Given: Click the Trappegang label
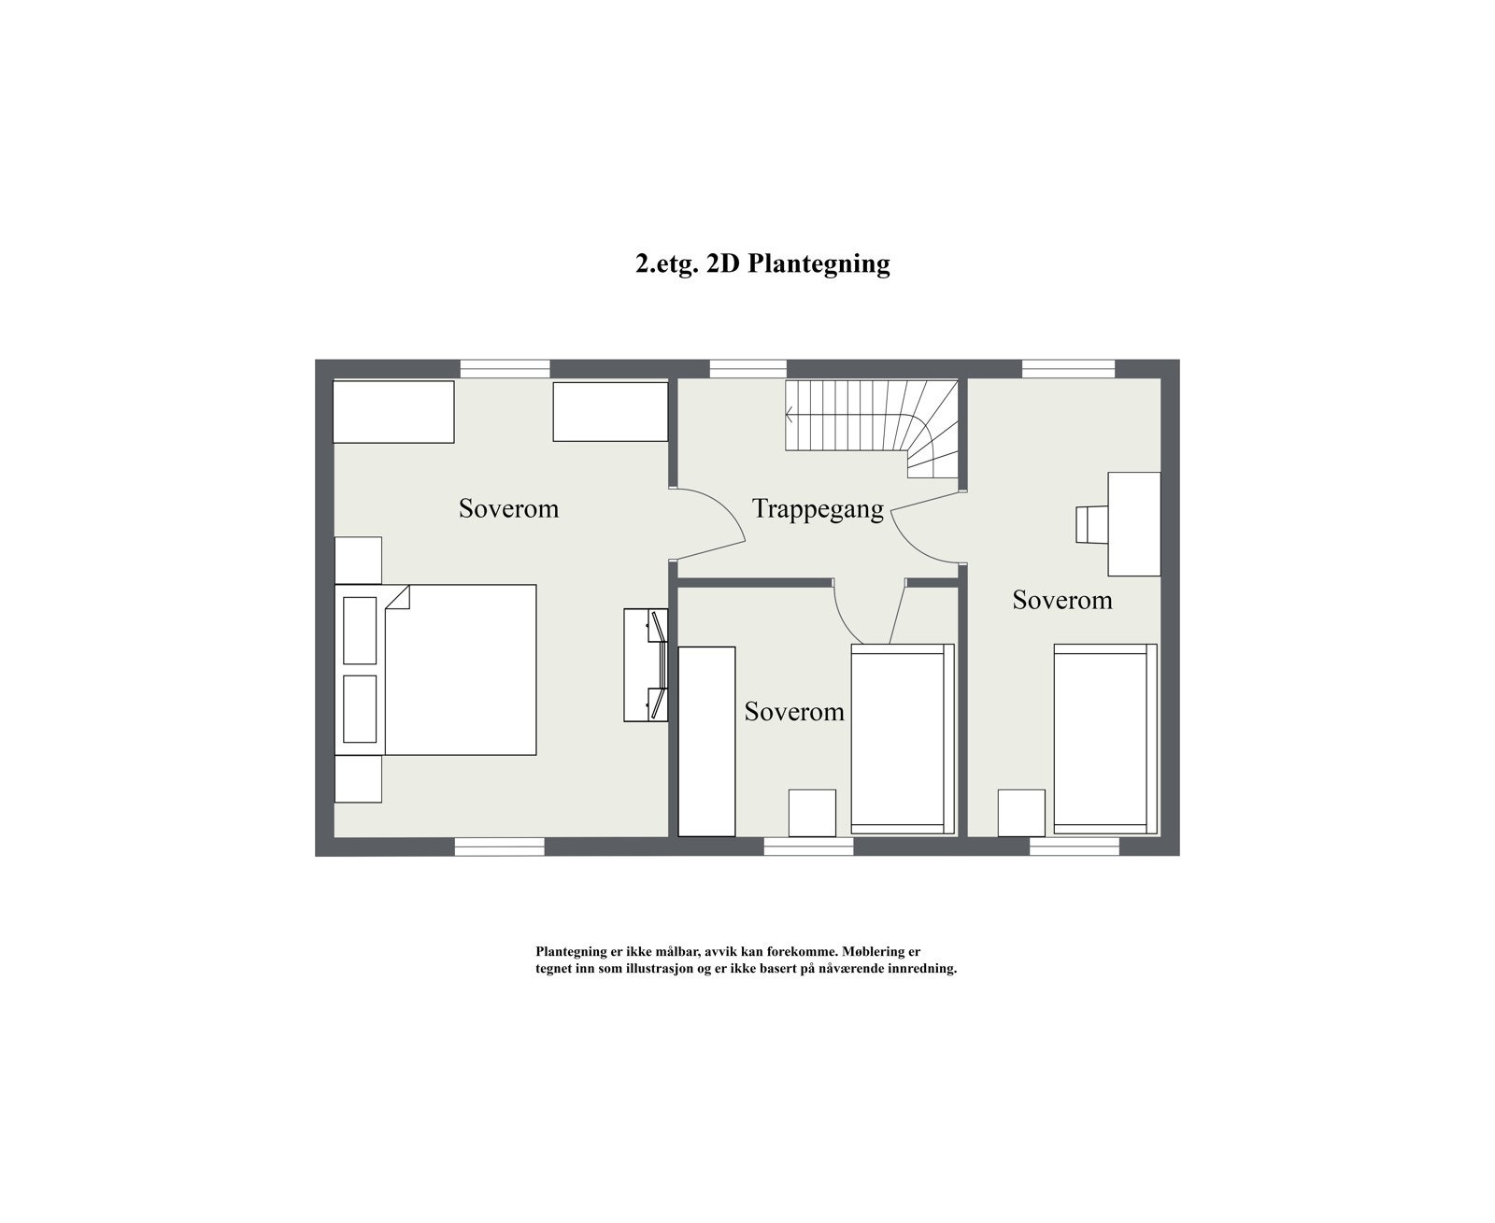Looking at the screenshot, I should click(x=818, y=509).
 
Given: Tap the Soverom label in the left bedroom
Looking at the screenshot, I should click(x=508, y=508).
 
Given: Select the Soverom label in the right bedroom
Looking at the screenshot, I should click(x=1062, y=600).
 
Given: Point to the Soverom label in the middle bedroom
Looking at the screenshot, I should click(x=794, y=712).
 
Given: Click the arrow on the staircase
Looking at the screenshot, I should click(x=790, y=414).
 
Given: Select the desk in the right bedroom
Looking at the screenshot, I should click(x=1134, y=523).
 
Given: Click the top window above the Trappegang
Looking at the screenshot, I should click(x=747, y=369).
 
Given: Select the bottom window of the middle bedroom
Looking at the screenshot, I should click(x=808, y=846).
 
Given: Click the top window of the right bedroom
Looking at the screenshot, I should click(x=1068, y=369).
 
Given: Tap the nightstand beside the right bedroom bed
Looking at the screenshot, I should click(x=1020, y=813).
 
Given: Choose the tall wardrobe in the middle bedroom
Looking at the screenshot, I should click(x=706, y=741).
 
